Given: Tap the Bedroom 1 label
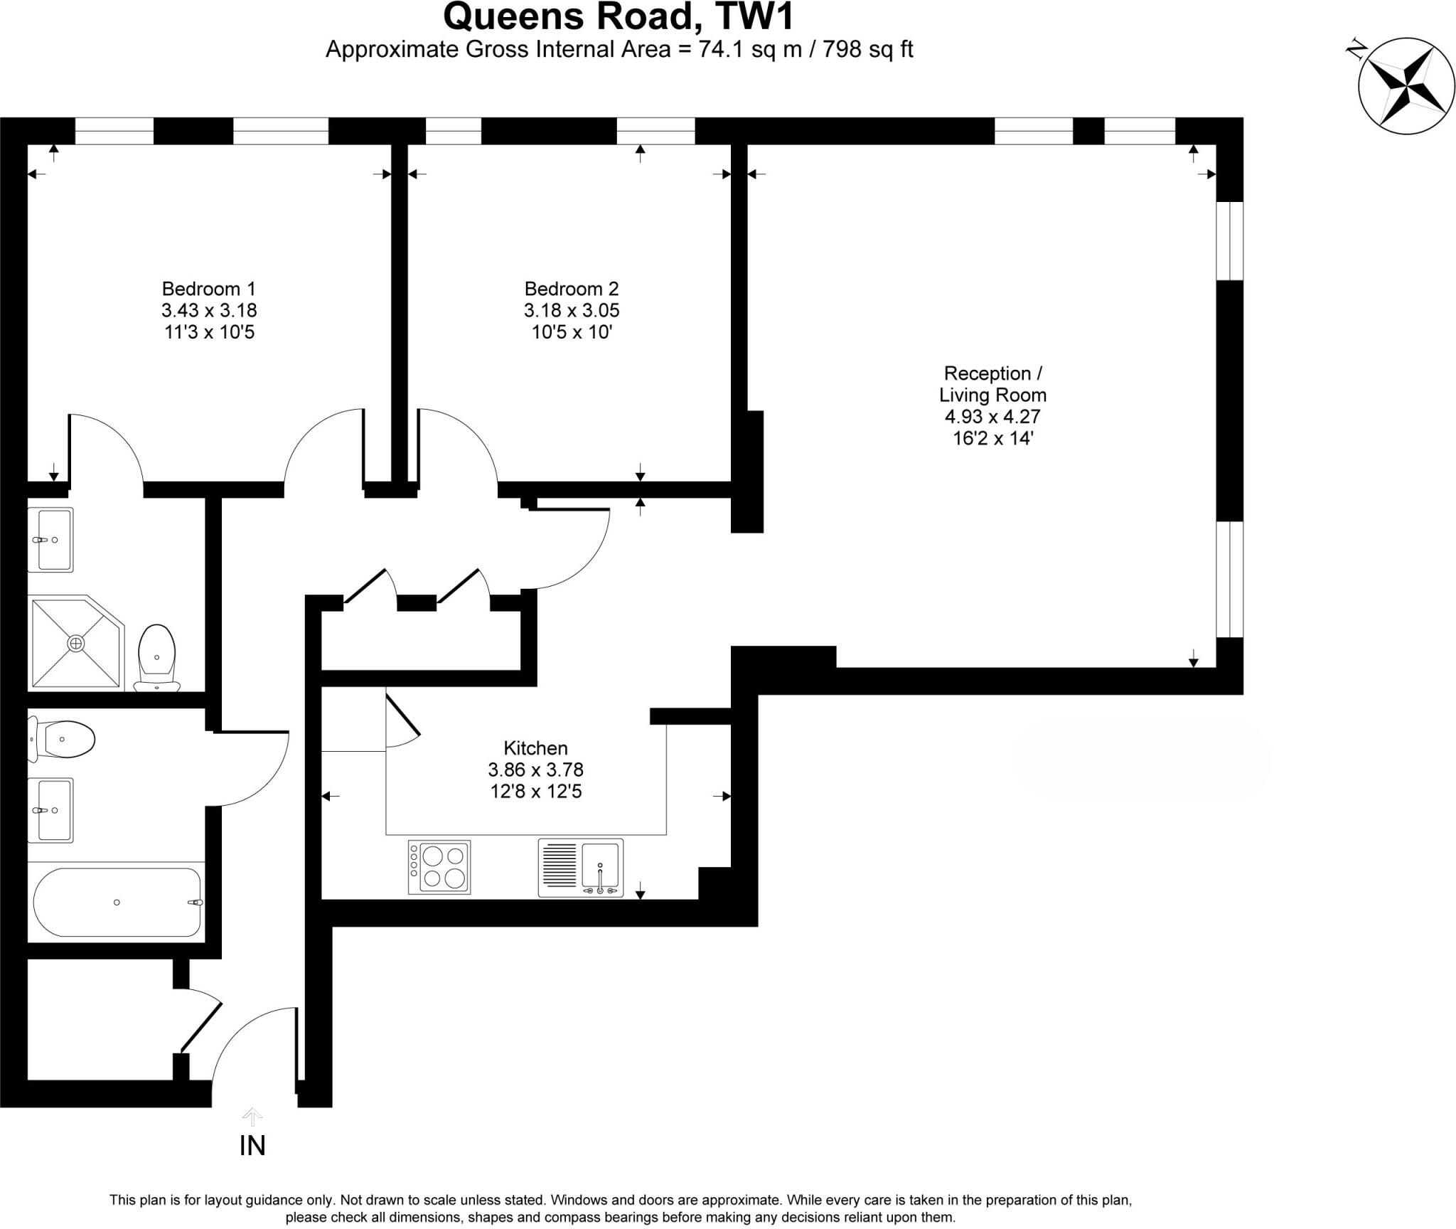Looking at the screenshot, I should (x=208, y=289).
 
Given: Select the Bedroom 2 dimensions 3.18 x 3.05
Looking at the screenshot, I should (x=572, y=311).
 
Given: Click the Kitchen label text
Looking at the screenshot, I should (x=535, y=748).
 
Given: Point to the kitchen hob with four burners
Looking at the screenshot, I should (x=439, y=868).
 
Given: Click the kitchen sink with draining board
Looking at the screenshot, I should (x=581, y=868).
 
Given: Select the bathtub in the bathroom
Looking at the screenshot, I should (x=117, y=902).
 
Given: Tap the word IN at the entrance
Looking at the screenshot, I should (x=252, y=1146).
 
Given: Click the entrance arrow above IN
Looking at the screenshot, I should (x=252, y=1116).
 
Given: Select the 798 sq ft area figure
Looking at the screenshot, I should (x=867, y=49).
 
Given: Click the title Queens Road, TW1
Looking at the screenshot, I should (x=618, y=17).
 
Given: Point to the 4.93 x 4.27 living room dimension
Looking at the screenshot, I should (x=992, y=417).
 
